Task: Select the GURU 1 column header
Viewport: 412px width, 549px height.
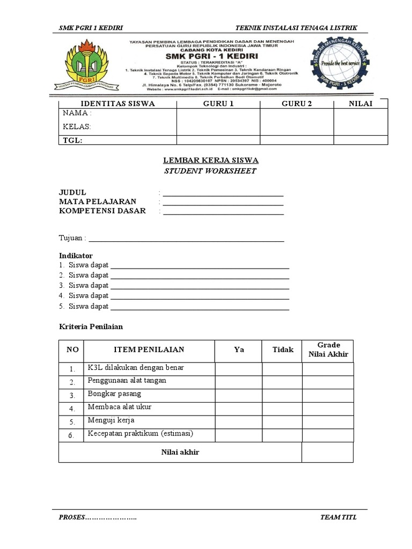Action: coord(218,103)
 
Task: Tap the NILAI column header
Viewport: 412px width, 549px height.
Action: coord(360,103)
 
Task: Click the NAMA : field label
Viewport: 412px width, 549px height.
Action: coord(77,114)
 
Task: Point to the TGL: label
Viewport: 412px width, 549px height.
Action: coord(73,140)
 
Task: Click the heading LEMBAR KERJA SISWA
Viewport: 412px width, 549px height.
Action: coord(210,160)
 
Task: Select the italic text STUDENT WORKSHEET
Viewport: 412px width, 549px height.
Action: coord(210,171)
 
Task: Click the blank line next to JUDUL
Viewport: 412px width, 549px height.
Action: coord(223,194)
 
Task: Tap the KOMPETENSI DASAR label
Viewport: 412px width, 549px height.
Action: coord(102,211)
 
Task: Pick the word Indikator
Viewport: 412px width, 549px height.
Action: coord(76,256)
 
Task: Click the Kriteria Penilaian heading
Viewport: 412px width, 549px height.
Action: coord(91,327)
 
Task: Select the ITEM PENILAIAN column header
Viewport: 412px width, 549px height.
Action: coord(149,350)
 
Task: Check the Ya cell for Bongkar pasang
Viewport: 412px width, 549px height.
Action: coord(239,395)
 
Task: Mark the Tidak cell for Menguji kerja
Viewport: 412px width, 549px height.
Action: coord(282,421)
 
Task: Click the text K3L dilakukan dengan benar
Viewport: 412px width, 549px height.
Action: coord(136,368)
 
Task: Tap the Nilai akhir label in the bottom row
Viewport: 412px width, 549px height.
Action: coord(180,452)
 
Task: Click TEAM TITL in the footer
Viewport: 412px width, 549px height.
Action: coord(338,517)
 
